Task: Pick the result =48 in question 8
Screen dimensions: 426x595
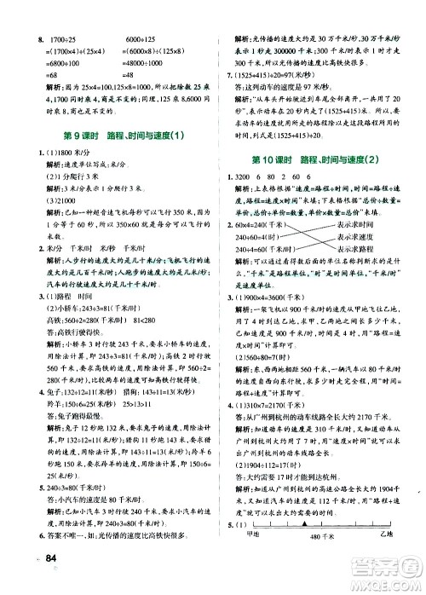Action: (x=135, y=86)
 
